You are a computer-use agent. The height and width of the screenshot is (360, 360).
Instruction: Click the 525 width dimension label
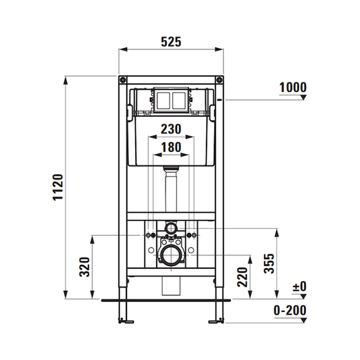pyautogui.click(x=171, y=42)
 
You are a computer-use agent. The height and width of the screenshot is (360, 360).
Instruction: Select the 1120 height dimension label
pyautogui.click(x=58, y=187)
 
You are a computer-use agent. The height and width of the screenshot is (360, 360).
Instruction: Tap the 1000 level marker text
pyautogui.click(x=293, y=88)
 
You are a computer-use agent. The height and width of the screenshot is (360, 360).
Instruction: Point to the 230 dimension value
pyautogui.click(x=171, y=129)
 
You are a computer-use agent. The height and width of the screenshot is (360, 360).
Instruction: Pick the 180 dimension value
pyautogui.click(x=171, y=147)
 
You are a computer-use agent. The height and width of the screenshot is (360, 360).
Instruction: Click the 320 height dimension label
pyautogui.click(x=84, y=267)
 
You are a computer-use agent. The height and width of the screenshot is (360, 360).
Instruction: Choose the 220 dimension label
pyautogui.click(x=242, y=277)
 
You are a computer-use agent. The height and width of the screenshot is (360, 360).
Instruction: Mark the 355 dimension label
pyautogui.click(x=269, y=263)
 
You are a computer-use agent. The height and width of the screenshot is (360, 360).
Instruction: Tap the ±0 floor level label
pyautogui.click(x=299, y=286)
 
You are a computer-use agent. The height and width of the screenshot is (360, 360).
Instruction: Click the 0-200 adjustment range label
pyautogui.click(x=290, y=311)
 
